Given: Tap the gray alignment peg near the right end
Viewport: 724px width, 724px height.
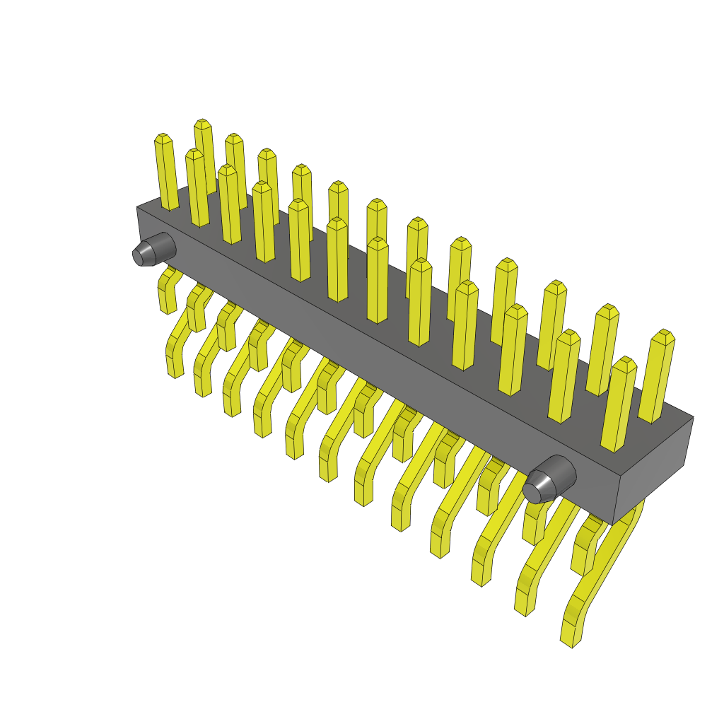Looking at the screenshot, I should tap(550, 479).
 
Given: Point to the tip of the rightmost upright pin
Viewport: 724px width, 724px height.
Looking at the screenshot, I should tap(664, 337).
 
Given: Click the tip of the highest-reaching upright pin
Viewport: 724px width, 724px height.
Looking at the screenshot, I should tap(203, 124).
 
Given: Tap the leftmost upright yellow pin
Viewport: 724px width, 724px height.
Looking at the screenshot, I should tap(166, 173).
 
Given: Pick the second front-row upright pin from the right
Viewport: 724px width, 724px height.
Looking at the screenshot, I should tap(564, 378).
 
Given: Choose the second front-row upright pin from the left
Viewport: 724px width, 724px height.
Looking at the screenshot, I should tap(228, 205).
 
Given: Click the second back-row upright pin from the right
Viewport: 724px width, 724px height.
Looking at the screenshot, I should tap(602, 350).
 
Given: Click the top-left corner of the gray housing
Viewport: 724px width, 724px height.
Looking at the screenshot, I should tap(137, 208).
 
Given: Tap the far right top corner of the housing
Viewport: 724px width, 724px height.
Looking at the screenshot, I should tap(693, 418).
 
